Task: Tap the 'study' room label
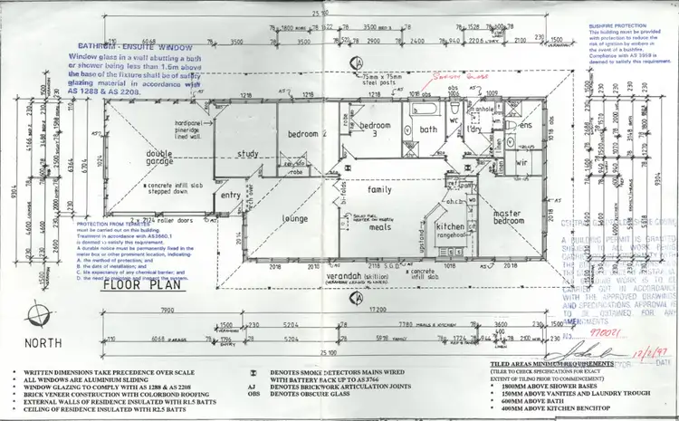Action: point(247,154)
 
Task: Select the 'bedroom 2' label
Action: point(306,134)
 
